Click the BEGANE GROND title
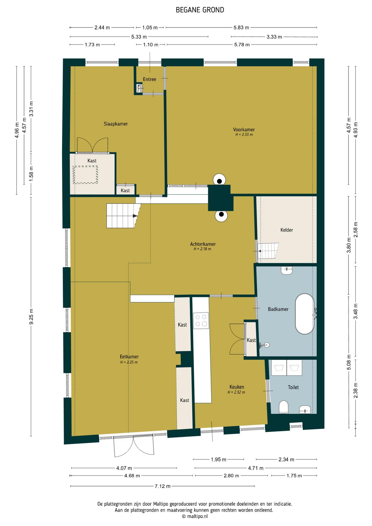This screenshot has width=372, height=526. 200,10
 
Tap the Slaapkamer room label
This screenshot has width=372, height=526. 116,124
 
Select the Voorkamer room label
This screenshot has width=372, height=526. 244,130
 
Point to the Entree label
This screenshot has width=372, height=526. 150,79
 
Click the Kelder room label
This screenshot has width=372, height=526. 287,230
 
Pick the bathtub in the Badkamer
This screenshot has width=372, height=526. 304,314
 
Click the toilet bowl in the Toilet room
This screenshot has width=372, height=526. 284,407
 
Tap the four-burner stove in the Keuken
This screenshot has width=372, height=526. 201,321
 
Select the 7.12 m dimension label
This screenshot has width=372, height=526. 162,486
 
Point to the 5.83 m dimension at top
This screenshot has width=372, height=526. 241,27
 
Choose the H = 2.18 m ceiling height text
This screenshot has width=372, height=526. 202,249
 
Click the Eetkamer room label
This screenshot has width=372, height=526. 129,357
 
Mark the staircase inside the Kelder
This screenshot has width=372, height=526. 268,251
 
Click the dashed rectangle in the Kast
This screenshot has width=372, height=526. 85,175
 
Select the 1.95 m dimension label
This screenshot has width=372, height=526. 219,459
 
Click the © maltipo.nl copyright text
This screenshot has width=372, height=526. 195,516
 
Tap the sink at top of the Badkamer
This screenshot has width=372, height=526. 287,270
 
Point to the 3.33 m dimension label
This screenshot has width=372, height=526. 274,37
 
